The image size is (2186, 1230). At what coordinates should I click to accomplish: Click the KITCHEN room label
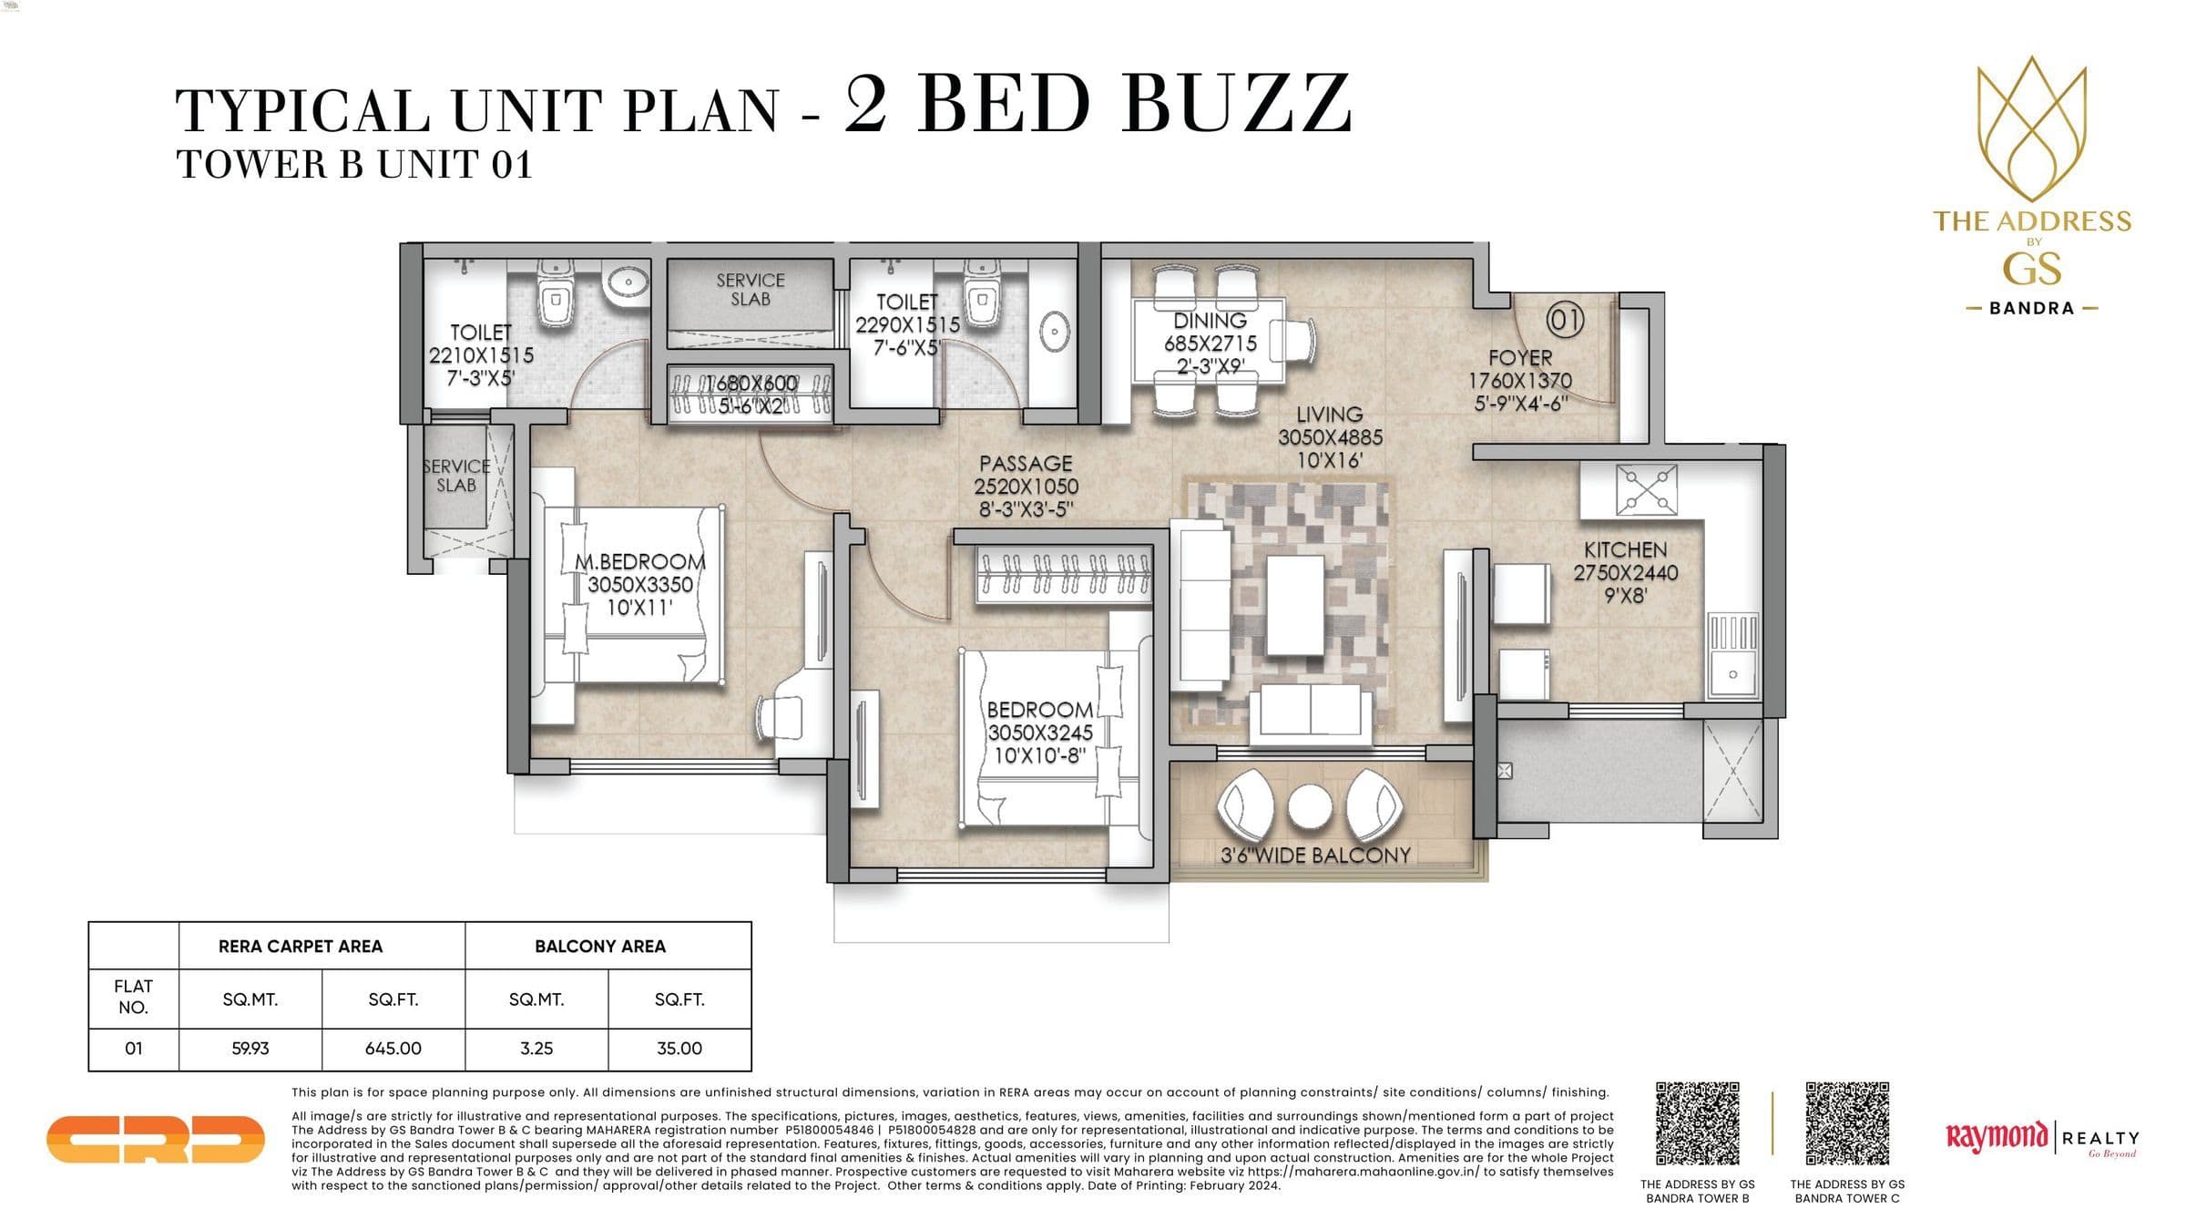coord(1625,550)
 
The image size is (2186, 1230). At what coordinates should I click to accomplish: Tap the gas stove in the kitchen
coord(1646,489)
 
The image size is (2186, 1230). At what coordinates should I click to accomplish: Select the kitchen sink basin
coord(1731,674)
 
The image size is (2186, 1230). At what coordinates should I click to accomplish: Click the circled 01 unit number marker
coord(1566,320)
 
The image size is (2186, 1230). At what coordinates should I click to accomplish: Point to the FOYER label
coord(1520,358)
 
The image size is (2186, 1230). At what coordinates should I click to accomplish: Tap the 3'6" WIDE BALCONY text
coord(1315,855)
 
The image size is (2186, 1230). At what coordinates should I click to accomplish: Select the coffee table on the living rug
coord(1294,605)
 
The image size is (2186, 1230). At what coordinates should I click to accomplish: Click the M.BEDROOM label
coord(639,562)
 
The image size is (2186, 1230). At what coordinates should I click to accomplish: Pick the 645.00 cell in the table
coord(393,1049)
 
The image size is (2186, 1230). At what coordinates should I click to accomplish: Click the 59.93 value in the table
coord(250,1049)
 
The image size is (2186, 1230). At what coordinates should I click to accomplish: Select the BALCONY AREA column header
coord(599,947)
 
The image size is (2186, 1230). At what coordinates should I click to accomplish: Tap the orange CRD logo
coord(155,1139)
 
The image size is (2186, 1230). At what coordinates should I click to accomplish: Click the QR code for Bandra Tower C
coord(1847,1123)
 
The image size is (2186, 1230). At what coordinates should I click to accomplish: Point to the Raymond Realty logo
coord(2041,1138)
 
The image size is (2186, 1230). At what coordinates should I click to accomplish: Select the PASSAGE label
coord(1026,464)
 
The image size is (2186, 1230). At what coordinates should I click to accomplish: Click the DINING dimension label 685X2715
coord(1210,343)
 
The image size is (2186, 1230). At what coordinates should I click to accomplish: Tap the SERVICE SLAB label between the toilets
coord(750,290)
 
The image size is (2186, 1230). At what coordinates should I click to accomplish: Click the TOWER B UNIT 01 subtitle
coord(353,165)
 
